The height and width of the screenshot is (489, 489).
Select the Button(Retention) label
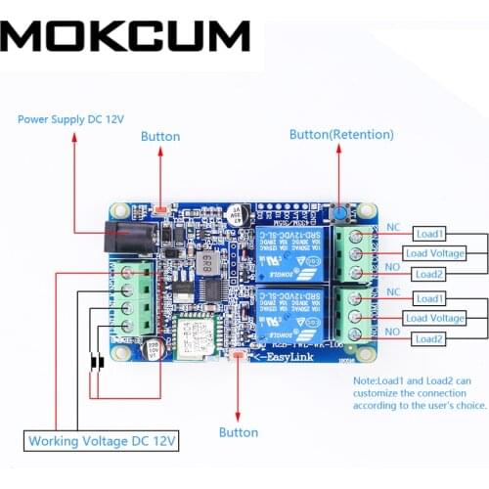pyautogui.click(x=341, y=134)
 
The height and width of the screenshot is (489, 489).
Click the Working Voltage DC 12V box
pyautogui.click(x=102, y=441)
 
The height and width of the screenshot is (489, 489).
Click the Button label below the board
pyautogui.click(x=239, y=431)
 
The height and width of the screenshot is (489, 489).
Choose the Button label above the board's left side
pyautogui.click(x=161, y=138)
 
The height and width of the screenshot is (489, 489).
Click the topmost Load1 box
pyautogui.click(x=430, y=235)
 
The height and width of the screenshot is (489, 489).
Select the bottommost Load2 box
pyautogui.click(x=430, y=338)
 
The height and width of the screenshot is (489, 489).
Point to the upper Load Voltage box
pyautogui.click(x=434, y=254)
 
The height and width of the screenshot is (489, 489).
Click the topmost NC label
pyautogui.click(x=394, y=228)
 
